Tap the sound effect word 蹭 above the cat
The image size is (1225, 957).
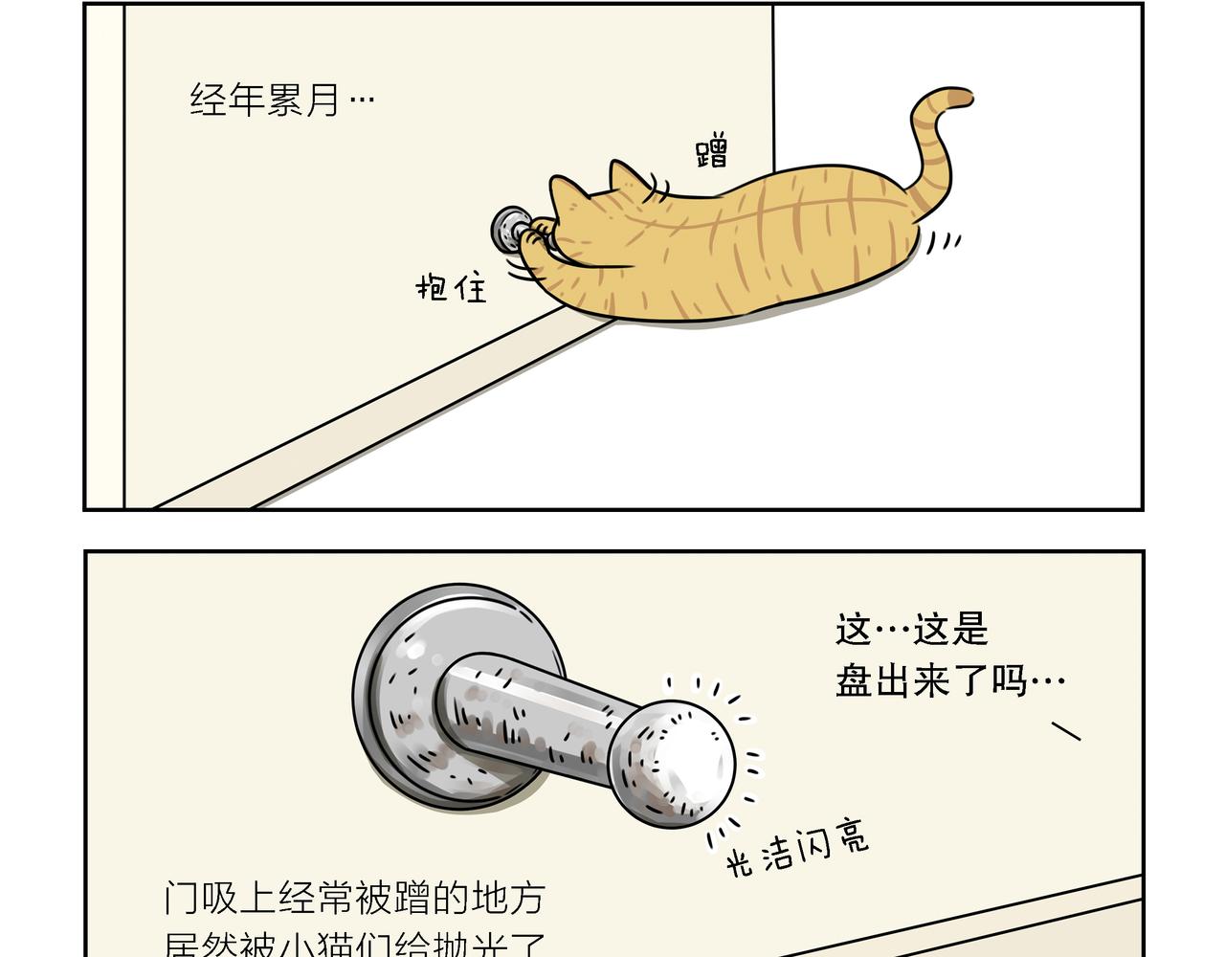(x=711, y=152)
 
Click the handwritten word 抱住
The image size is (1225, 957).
(x=451, y=286)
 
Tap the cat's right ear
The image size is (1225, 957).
(x=625, y=176)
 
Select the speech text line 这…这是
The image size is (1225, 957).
(x=910, y=630)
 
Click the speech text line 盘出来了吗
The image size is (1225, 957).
(x=949, y=681)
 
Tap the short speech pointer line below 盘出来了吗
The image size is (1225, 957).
(x=1066, y=731)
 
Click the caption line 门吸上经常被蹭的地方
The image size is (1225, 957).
(x=354, y=898)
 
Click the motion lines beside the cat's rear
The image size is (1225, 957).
(x=943, y=241)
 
